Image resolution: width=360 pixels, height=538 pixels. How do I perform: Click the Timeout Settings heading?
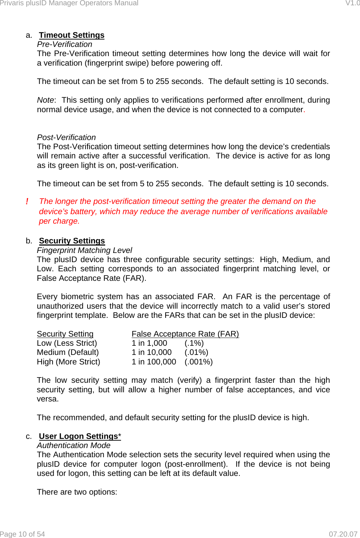72,35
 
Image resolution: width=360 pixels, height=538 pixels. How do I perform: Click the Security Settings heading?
72,241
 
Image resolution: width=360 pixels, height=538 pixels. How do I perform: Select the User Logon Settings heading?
78,436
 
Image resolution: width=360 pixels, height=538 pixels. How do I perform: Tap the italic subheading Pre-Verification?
65,44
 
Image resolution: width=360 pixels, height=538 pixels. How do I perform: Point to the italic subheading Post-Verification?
66,138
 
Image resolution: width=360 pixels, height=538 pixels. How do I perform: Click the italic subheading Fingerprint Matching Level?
84,250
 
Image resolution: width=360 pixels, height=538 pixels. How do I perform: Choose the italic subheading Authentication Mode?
74,446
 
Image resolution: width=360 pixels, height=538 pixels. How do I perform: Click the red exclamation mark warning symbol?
27,201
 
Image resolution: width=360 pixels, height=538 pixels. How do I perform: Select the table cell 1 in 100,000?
154,362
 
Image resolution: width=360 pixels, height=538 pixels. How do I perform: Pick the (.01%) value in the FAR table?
196,352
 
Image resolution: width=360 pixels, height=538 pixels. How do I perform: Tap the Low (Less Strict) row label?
67,343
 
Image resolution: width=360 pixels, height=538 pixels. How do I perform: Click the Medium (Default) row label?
68,352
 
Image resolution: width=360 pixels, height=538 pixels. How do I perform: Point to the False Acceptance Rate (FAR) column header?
185,334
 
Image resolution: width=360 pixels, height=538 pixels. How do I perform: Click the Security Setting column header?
65,334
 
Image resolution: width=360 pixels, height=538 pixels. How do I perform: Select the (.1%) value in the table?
194,343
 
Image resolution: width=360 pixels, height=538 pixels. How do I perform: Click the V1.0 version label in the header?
352,3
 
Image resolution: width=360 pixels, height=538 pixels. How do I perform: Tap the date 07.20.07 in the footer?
343,534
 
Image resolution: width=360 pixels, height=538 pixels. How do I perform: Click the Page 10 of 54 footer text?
23,534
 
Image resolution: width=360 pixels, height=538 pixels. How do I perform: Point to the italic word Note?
45,100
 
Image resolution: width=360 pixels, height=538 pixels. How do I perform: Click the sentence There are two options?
77,492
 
